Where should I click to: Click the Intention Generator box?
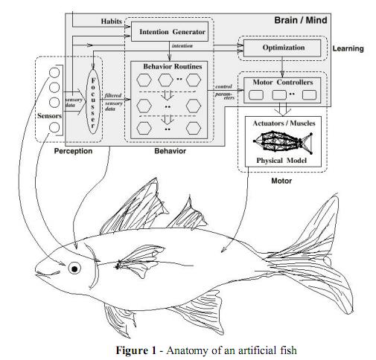coord(173,32)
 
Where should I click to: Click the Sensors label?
coord(50,116)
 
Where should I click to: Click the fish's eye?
coord(74,268)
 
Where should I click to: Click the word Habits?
coord(111,21)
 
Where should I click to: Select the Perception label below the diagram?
coord(73,151)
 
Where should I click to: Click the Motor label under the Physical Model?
coord(282,179)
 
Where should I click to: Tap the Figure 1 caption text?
coord(188,351)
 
